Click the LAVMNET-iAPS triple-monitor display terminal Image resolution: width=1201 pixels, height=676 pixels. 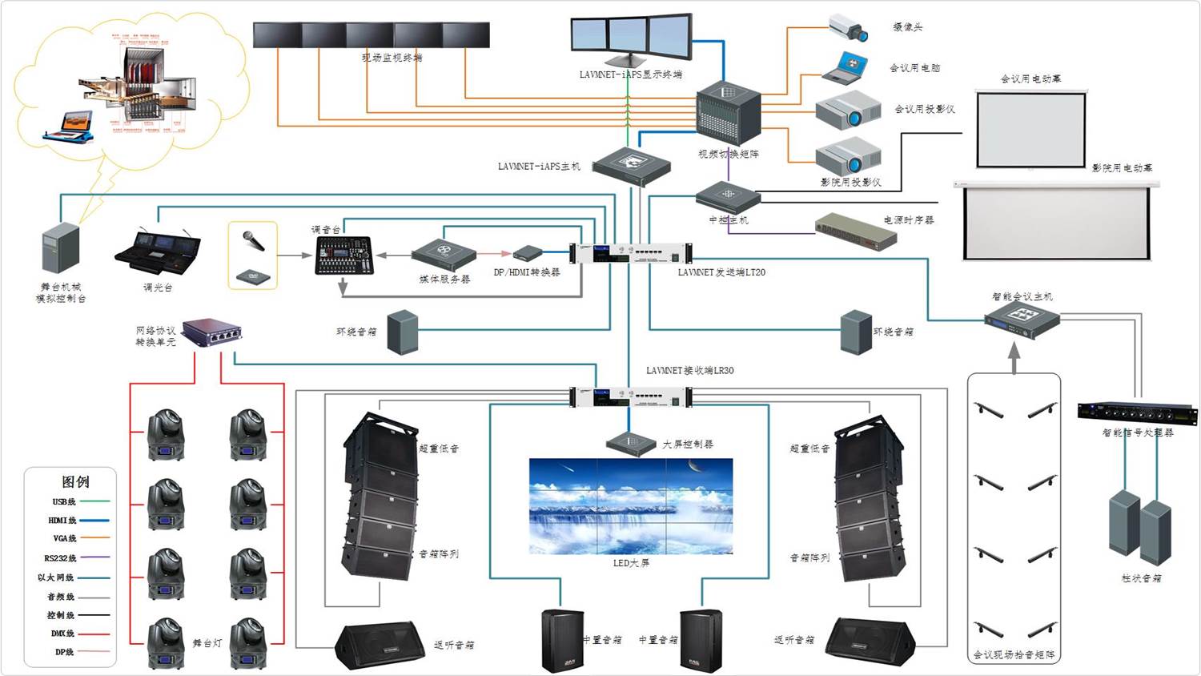[x=631, y=39]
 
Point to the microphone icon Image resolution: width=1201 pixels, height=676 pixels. [x=254, y=240]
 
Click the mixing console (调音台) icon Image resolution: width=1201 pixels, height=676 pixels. [x=343, y=256]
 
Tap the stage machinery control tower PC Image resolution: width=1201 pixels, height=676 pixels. [x=61, y=248]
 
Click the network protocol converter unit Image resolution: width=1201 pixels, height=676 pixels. [x=212, y=332]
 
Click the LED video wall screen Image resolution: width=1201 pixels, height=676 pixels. [x=631, y=506]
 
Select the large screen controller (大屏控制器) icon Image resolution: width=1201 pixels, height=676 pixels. [x=631, y=442]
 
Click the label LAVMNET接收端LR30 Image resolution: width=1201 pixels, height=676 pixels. [x=689, y=371]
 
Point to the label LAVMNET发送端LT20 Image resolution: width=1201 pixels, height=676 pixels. [x=721, y=272]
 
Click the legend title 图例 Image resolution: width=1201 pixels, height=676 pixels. [x=75, y=481]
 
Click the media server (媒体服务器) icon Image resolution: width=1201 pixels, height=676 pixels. [x=444, y=254]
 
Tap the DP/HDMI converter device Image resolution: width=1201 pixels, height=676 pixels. [x=528, y=254]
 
